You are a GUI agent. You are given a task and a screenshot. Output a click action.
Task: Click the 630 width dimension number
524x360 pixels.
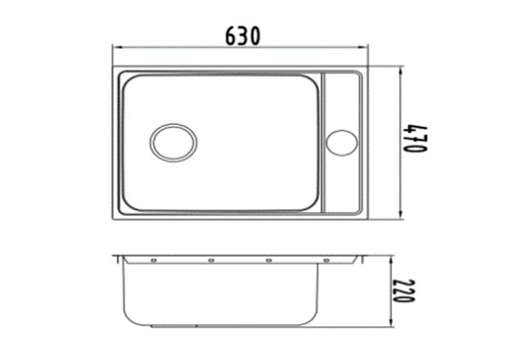click(242, 36)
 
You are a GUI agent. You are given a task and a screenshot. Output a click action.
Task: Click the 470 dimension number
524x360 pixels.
click(414, 139)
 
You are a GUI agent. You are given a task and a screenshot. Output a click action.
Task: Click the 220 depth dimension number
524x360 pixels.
click(403, 290)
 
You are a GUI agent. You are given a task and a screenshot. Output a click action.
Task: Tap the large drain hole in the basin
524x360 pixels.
click(173, 142)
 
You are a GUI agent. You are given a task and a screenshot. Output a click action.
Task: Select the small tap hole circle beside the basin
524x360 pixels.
click(341, 142)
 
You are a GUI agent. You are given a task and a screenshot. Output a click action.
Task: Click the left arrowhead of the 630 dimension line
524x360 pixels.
click(116, 47)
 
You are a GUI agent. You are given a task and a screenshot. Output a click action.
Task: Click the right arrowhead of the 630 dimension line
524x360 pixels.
click(364, 47)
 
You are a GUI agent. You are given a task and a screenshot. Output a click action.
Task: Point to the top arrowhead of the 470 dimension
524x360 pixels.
click(400, 71)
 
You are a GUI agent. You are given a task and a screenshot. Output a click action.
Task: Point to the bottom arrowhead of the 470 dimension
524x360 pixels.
click(400, 214)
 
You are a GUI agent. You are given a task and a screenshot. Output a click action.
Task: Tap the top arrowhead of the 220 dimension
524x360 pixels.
click(391, 261)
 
